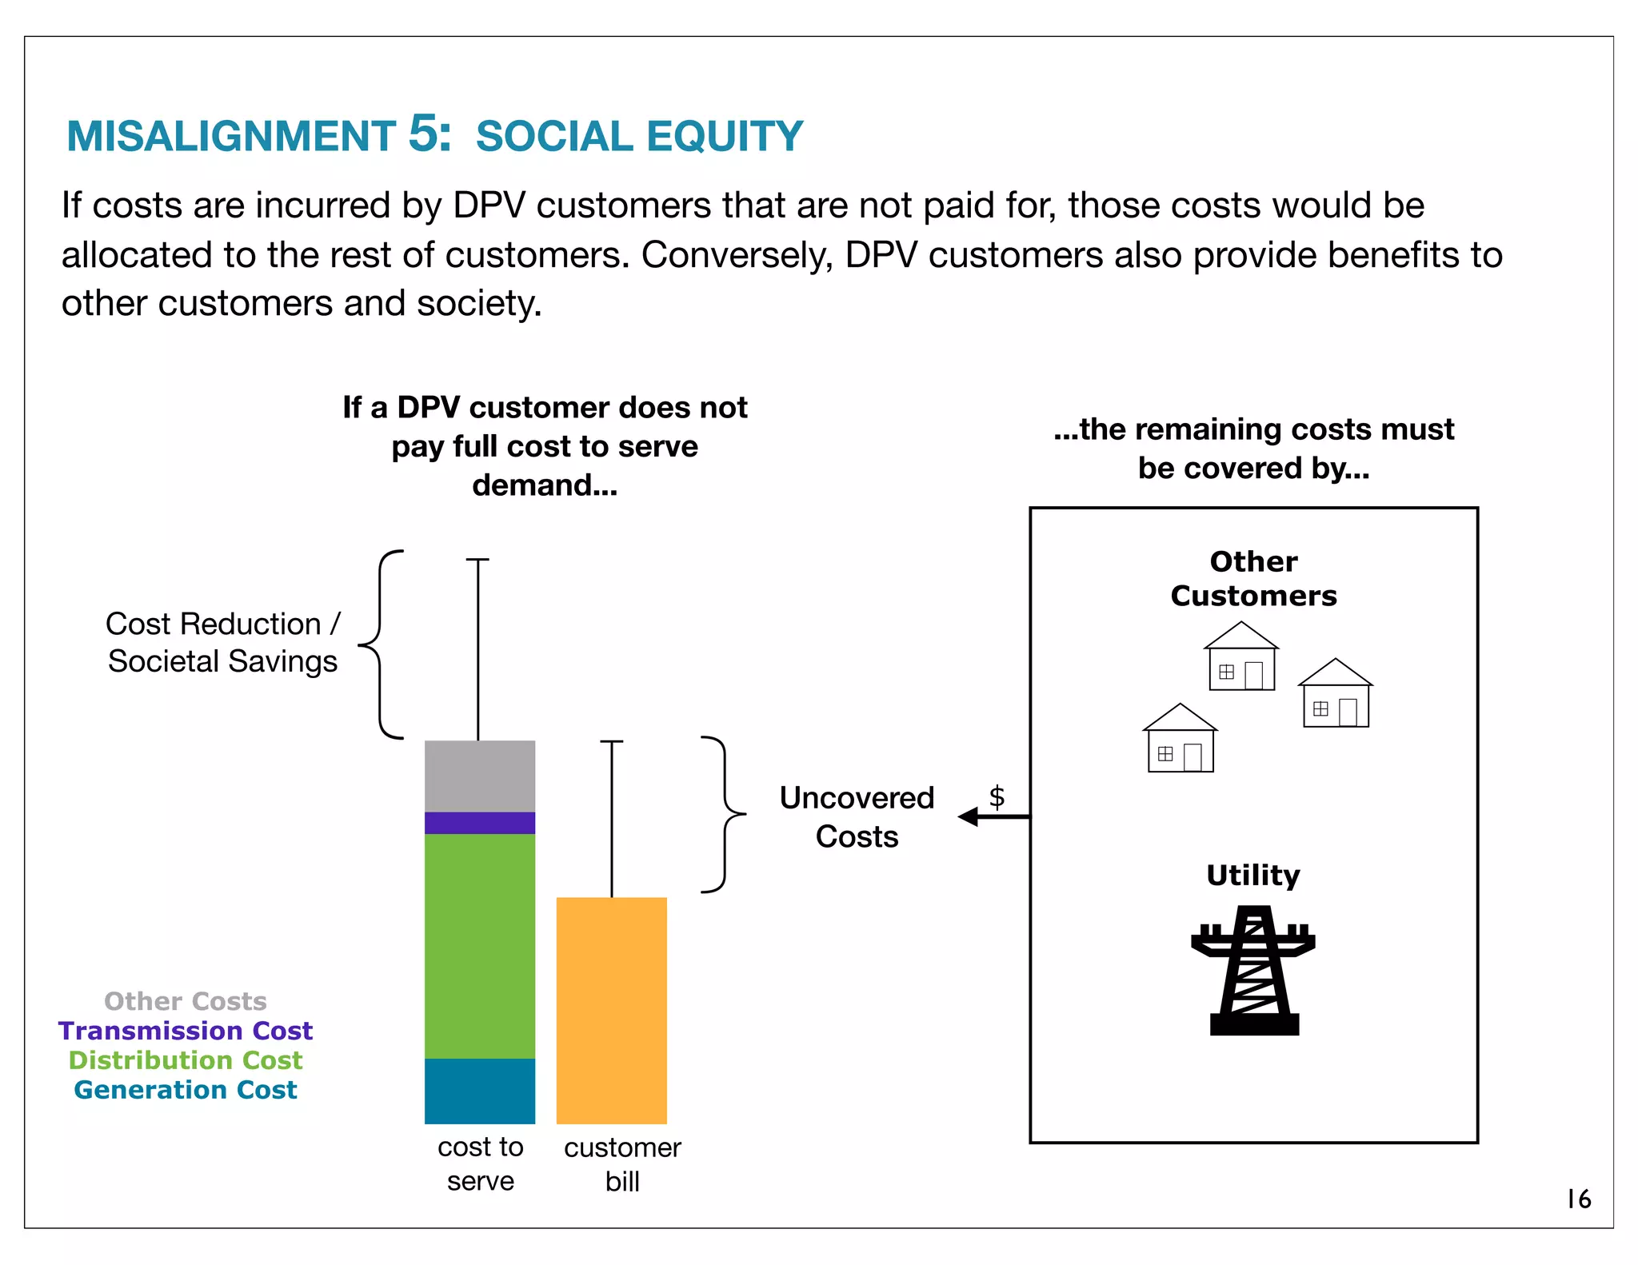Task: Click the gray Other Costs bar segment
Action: (479, 776)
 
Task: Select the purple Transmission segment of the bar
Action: (479, 823)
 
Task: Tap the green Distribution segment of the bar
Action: (479, 946)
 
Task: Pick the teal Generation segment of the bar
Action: (479, 1091)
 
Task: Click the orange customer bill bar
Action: (611, 1010)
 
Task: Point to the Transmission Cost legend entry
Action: (186, 1031)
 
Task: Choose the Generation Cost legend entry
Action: (186, 1090)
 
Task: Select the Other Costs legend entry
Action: (186, 1001)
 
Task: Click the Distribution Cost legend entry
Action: (186, 1060)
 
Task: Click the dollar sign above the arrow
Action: (997, 796)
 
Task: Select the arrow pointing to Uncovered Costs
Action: (993, 816)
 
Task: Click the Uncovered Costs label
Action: (857, 816)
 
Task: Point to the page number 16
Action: (1578, 1199)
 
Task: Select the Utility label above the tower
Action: (1253, 875)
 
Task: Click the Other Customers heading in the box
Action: (1253, 578)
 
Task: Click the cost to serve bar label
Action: (480, 1163)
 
